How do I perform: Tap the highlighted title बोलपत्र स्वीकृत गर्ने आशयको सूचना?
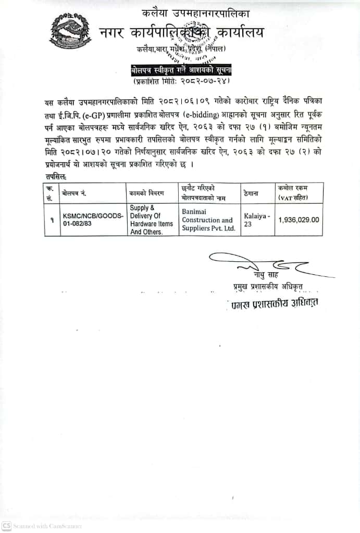[x=181, y=70]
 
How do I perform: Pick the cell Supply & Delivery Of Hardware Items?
[x=151, y=220]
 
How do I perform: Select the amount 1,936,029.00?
[x=299, y=220]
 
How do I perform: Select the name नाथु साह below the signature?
[x=266, y=275]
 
